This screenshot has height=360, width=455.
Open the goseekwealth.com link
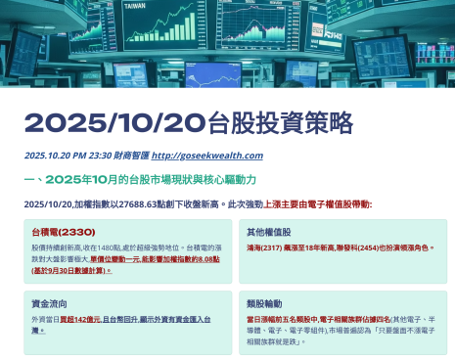(x=207, y=156)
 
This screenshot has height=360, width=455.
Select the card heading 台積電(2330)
(x=63, y=233)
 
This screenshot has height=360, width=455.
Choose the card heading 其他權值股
(x=268, y=233)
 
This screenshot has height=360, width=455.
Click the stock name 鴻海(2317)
(x=264, y=248)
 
